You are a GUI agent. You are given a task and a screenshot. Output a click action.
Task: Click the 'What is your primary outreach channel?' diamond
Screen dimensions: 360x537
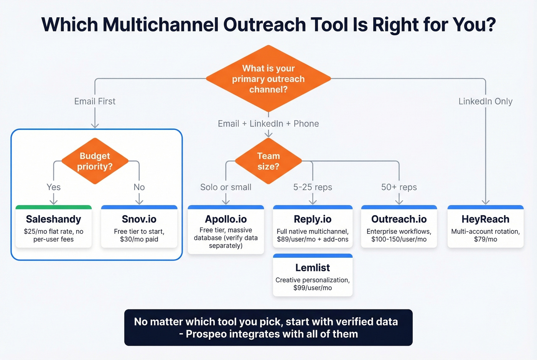point(268,79)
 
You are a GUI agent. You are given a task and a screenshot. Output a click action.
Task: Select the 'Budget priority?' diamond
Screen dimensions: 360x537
point(95,161)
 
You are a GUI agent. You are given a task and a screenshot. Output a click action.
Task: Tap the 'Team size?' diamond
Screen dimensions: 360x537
point(268,161)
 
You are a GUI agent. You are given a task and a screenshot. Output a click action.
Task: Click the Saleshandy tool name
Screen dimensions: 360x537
point(53,219)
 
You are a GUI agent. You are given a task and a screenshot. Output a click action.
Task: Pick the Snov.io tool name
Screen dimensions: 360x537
point(139,219)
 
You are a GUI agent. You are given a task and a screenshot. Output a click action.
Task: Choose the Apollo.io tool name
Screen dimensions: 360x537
point(226,219)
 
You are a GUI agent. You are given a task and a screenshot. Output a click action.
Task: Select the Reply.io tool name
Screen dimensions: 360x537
point(312,219)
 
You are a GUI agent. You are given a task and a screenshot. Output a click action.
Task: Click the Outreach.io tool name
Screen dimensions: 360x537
point(399,219)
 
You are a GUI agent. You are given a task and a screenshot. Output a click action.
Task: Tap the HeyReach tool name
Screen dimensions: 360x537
point(485,219)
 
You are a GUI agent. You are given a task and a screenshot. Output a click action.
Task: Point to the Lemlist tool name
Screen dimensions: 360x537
point(312,268)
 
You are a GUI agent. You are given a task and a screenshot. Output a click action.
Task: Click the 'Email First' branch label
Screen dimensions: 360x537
point(95,101)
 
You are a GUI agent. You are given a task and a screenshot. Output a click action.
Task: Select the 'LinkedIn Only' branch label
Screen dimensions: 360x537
point(485,101)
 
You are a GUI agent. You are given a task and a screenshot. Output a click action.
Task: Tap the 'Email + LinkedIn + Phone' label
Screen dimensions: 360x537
point(268,123)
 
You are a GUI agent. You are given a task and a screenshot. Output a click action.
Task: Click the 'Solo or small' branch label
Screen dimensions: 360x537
point(226,187)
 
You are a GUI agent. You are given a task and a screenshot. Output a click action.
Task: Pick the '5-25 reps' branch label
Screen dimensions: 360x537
point(312,187)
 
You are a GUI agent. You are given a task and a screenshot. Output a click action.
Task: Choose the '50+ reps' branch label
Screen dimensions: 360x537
point(399,187)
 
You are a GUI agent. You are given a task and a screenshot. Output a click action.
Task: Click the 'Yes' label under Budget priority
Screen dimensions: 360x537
point(53,187)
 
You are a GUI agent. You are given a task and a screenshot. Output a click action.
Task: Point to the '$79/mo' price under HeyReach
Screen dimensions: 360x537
point(485,239)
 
